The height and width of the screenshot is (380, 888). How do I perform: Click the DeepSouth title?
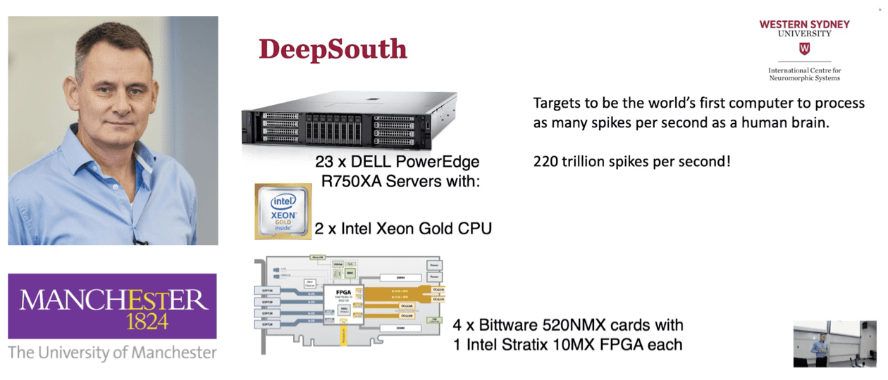click(333, 49)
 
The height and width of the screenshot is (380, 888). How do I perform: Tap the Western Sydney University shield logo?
click(804, 49)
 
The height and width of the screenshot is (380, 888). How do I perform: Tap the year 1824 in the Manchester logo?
click(147, 322)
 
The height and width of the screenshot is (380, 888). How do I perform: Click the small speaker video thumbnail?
click(835, 343)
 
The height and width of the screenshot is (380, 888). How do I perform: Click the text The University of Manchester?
click(113, 352)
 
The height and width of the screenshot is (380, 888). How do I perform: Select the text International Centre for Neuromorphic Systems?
click(804, 74)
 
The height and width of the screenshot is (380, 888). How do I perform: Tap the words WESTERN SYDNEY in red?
click(804, 24)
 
